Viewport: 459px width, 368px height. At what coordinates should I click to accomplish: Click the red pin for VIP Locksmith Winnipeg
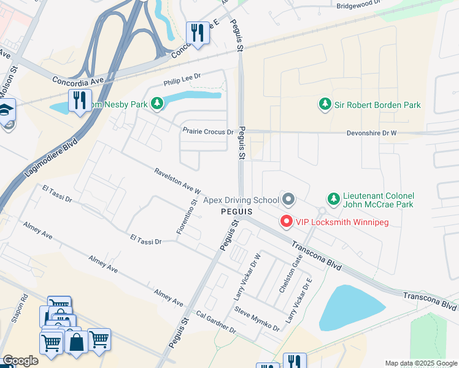pos(286,222)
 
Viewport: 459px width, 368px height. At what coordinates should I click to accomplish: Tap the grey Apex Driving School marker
pos(288,199)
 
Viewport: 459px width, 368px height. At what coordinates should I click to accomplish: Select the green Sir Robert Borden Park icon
pos(325,105)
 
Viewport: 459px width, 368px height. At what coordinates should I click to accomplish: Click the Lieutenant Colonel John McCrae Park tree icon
pos(333,199)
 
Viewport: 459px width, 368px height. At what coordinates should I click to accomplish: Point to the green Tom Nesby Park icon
pos(157,104)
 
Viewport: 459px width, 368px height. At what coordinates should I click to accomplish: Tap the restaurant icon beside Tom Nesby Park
pos(79,100)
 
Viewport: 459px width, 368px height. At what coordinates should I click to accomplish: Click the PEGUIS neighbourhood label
pos(237,211)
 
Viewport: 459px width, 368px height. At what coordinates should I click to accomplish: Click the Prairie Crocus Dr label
pos(208,131)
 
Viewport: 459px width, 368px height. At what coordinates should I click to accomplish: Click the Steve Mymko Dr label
pos(256,319)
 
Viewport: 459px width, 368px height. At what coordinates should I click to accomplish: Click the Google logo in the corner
pos(20,361)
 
